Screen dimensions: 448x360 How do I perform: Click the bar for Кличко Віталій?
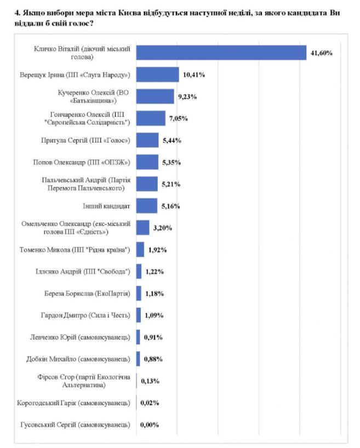click(221, 53)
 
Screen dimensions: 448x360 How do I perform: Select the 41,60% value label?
click(322, 53)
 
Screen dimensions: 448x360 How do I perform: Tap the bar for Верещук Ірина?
click(158, 75)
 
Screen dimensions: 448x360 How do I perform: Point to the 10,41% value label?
click(194, 75)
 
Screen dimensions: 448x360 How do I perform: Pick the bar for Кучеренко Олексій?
click(155, 97)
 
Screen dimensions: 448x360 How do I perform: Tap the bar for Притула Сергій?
click(147, 140)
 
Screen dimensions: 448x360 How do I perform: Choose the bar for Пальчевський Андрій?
click(147, 184)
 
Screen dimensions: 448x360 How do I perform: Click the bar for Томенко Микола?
click(140, 250)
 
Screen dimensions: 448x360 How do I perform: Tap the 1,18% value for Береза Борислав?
click(155, 293)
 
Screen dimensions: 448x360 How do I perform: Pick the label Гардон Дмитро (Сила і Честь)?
click(87, 315)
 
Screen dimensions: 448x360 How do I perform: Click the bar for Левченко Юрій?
click(138, 337)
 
